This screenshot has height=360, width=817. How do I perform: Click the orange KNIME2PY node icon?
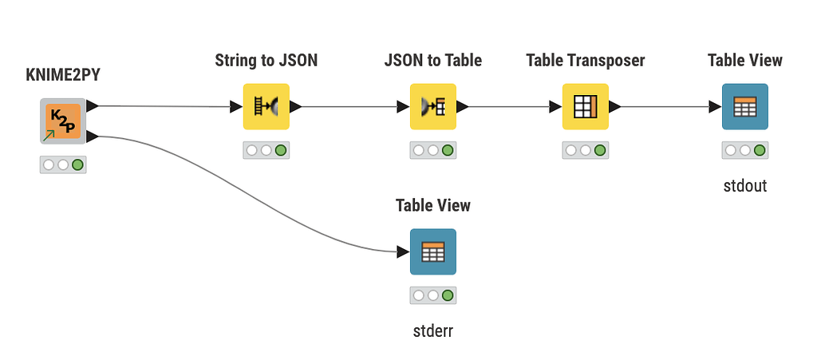click(62, 121)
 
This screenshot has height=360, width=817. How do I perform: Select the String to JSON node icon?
click(266, 107)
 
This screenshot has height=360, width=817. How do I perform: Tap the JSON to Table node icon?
click(432, 107)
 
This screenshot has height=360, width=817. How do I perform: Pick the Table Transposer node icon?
click(585, 107)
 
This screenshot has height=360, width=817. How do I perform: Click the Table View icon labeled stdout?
click(744, 107)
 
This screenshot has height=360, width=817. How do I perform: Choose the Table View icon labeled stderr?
click(432, 252)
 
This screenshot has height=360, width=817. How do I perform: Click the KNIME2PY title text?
click(62, 76)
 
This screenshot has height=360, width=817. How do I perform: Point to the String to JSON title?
click(266, 61)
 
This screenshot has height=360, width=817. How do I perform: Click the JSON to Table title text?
click(432, 61)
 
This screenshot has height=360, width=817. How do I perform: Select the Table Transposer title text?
click(585, 61)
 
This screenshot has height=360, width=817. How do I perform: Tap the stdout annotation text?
click(744, 185)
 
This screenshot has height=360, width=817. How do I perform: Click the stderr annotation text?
click(432, 330)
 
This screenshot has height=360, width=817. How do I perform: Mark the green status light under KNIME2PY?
click(77, 165)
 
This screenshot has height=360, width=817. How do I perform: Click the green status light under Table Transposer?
click(600, 150)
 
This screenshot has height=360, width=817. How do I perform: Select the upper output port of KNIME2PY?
click(93, 106)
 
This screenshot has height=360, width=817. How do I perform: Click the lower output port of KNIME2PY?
click(93, 136)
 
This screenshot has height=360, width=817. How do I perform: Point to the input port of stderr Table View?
click(403, 252)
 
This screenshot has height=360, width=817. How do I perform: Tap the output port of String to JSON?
click(295, 107)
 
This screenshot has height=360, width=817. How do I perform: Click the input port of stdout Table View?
click(715, 107)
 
